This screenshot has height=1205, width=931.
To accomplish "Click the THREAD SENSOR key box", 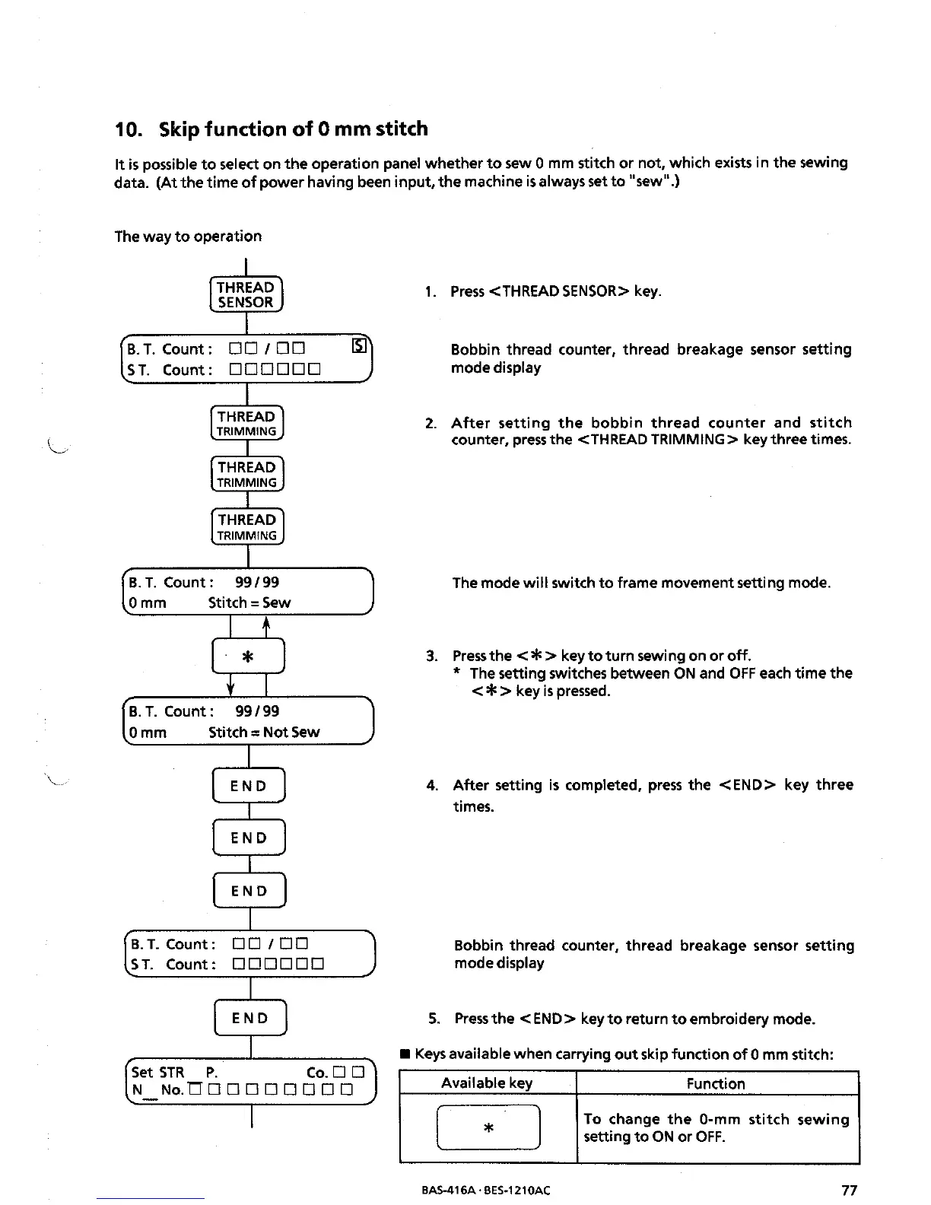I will pyautogui.click(x=246, y=294).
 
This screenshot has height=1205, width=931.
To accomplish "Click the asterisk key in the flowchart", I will pyautogui.click(x=248, y=657).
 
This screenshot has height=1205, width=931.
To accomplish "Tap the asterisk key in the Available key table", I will pyautogui.click(x=488, y=1127).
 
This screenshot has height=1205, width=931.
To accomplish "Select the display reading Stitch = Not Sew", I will pyautogui.click(x=246, y=721).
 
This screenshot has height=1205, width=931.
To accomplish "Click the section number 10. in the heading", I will pyautogui.click(x=126, y=129).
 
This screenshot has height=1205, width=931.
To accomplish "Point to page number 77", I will pyautogui.click(x=850, y=1190).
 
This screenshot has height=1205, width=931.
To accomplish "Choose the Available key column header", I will pyautogui.click(x=487, y=1083).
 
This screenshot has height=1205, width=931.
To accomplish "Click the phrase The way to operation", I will pyautogui.click(x=188, y=236).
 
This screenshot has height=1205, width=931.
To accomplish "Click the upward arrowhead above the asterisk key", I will pyautogui.click(x=265, y=625).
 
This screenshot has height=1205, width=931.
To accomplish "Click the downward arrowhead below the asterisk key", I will pyautogui.click(x=230, y=688).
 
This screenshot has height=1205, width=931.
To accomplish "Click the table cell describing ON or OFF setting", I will pyautogui.click(x=717, y=1128).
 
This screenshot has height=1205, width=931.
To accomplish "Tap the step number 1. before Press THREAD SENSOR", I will pyautogui.click(x=431, y=291).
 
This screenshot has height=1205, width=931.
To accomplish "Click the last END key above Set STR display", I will pyautogui.click(x=250, y=1018).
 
